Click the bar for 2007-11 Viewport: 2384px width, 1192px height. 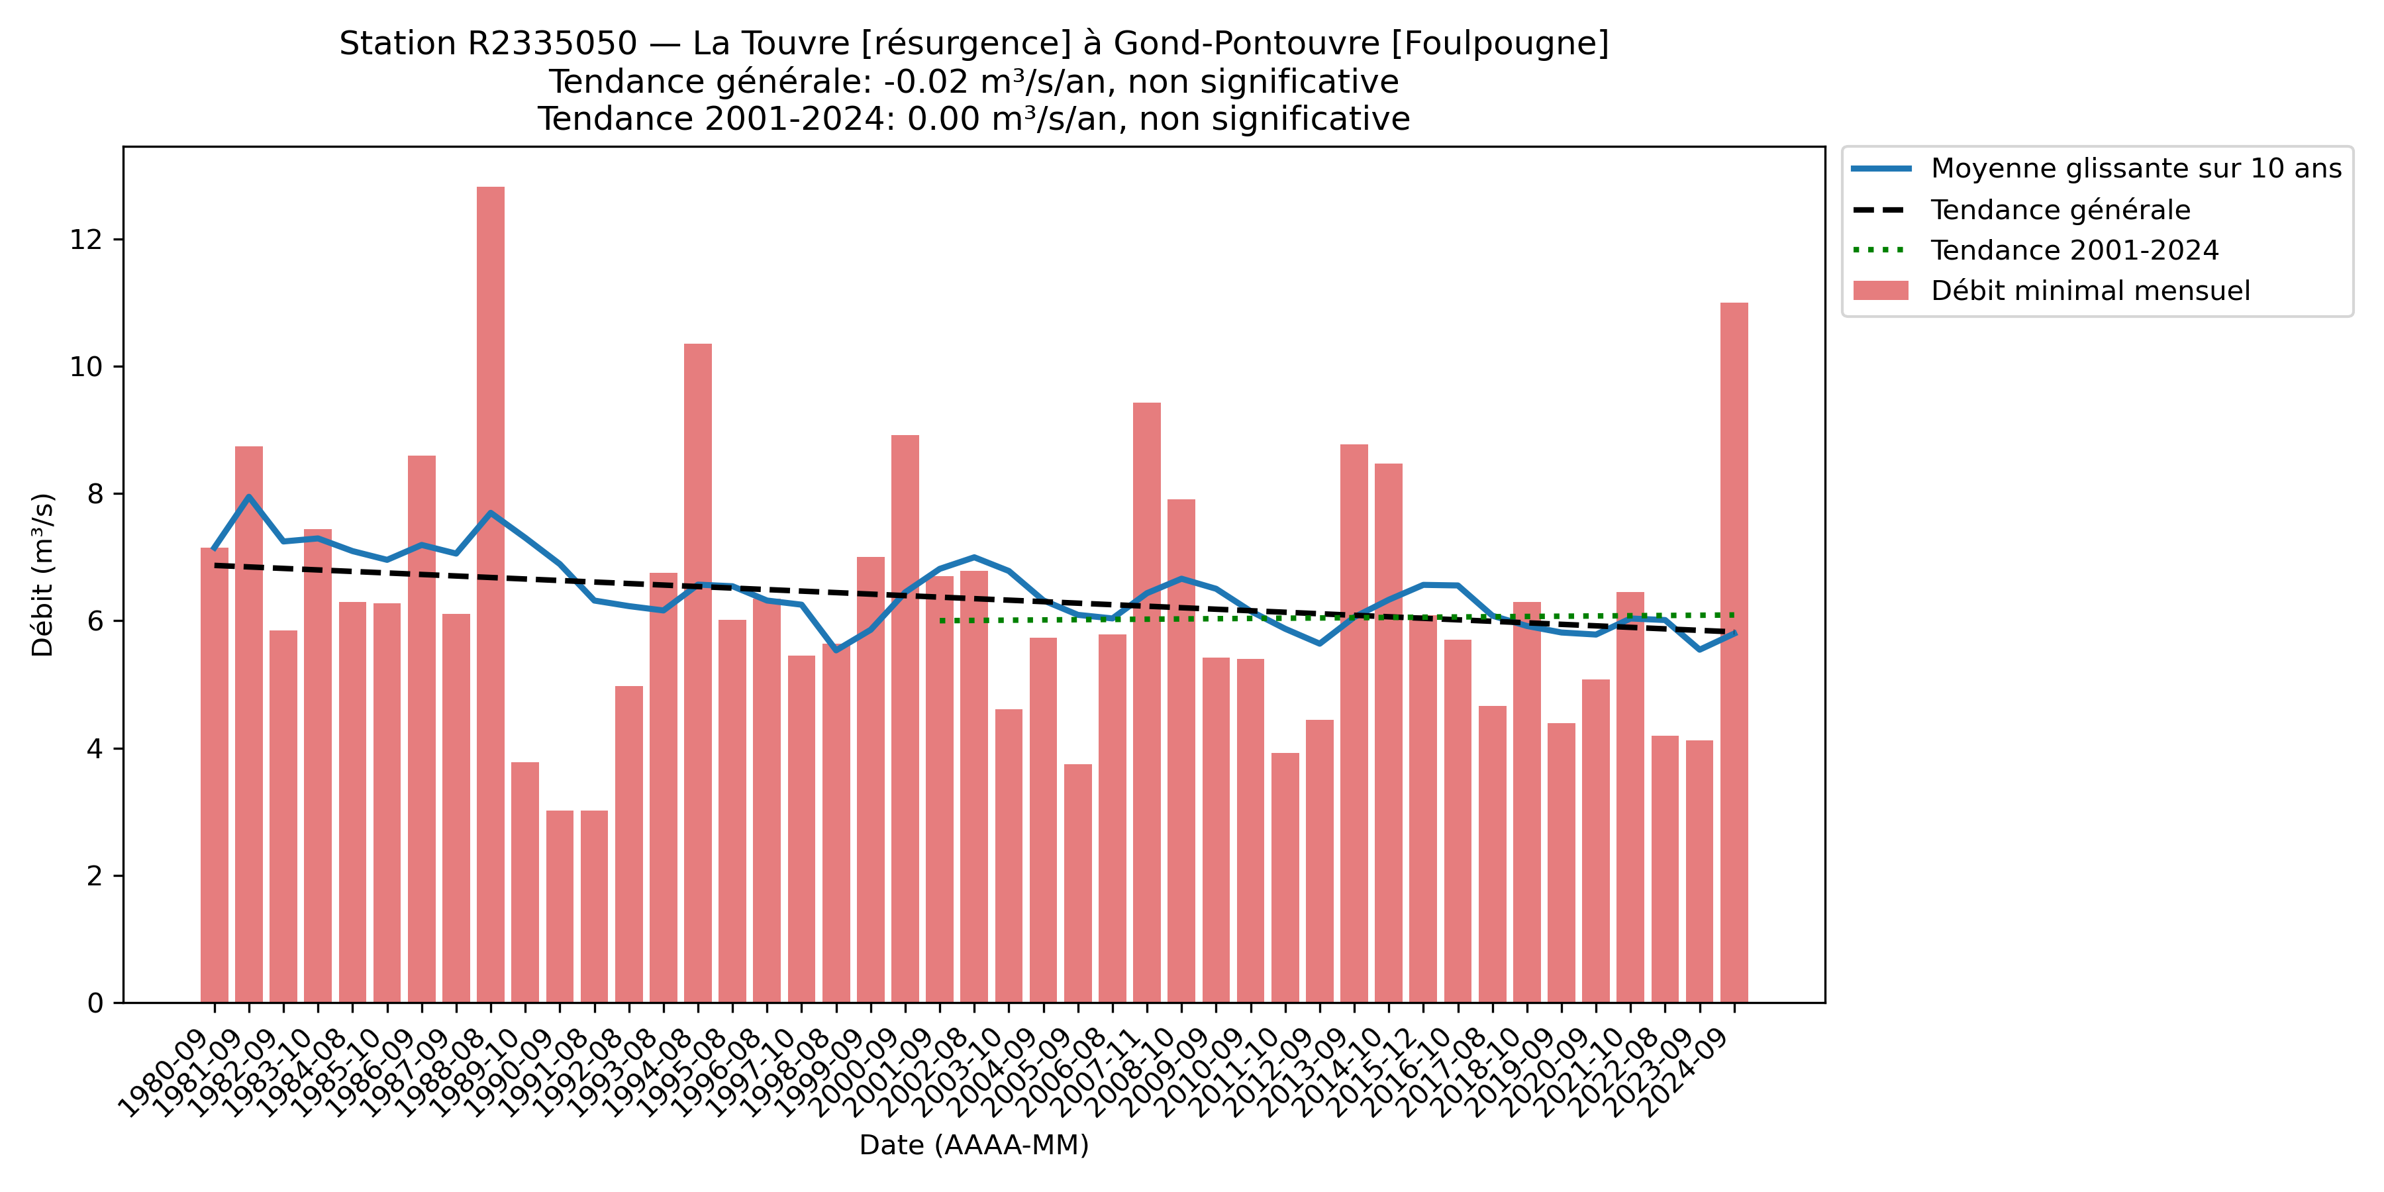pyautogui.click(x=1147, y=703)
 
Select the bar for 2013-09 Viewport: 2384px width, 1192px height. pyautogui.click(x=1354, y=722)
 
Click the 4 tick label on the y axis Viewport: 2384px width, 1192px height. pyautogui.click(x=95, y=749)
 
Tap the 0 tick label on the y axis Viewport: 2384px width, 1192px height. pyautogui.click(x=95, y=1003)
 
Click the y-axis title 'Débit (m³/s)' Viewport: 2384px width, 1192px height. pyautogui.click(x=42, y=575)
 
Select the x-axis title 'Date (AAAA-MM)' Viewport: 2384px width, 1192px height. pyautogui.click(x=973, y=1146)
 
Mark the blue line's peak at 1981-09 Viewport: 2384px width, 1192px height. pyautogui.click(x=249, y=496)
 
